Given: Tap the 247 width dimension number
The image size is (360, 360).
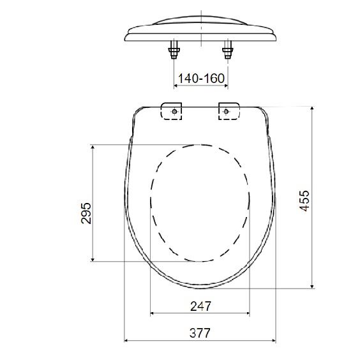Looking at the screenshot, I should tap(200, 306).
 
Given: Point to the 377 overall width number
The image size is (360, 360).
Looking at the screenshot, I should tap(200, 333).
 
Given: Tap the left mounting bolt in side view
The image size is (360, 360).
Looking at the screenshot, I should tap(173, 50).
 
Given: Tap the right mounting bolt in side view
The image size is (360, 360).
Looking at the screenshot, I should tap(228, 50).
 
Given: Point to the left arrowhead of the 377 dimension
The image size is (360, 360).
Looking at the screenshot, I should tap(126, 340).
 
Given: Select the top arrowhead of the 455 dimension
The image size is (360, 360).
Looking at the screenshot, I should tap(311, 109).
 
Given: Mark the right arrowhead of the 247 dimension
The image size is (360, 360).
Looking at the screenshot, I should tap(248, 313).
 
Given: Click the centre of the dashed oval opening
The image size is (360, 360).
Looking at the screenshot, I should tap(200, 202).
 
